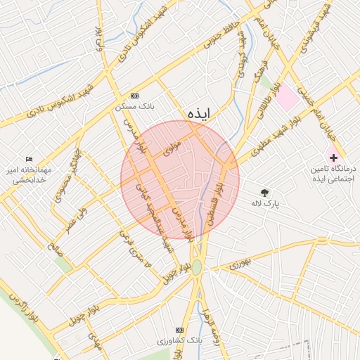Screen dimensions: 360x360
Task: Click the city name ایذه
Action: coord(199,114)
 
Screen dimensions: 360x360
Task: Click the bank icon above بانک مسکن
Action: coord(134,96)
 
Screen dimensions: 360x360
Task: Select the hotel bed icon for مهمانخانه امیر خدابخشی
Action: coord(29,159)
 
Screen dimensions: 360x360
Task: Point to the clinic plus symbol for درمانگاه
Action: coord(334,157)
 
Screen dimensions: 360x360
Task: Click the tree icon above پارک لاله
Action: coord(264,192)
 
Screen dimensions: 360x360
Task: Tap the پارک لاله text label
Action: coord(265,204)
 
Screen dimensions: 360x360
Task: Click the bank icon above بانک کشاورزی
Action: coord(179,329)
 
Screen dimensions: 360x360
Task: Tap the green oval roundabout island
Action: coord(198,267)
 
